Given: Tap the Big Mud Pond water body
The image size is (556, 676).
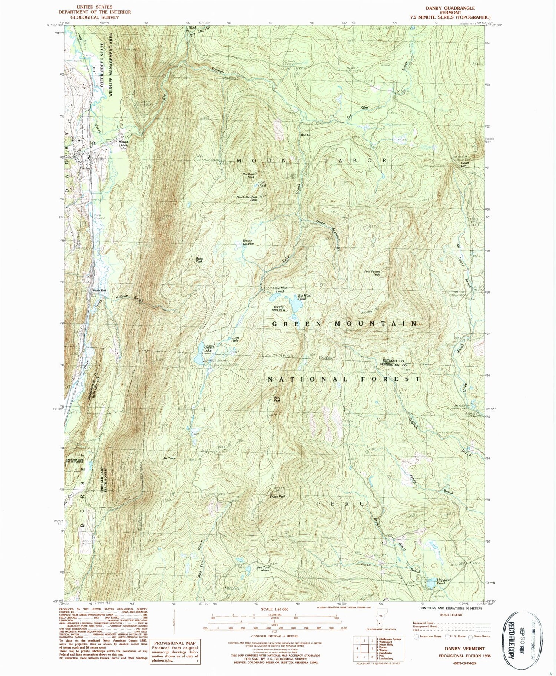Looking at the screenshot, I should tap(296, 305).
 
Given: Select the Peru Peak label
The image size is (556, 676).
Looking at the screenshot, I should tap(277, 399).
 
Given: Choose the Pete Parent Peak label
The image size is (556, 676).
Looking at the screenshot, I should tap(373, 273).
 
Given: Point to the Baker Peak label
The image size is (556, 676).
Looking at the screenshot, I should tap(199, 260).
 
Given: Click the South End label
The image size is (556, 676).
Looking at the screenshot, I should tap(99, 290).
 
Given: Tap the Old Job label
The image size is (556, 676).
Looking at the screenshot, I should tap(305, 135).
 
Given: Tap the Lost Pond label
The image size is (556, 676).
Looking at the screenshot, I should tap(262, 184).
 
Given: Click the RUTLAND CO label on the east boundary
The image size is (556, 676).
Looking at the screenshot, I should tap(393, 360).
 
